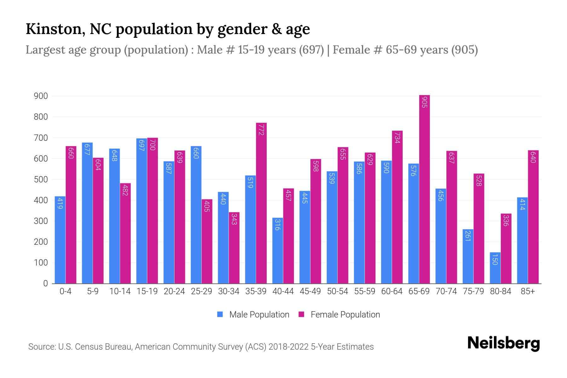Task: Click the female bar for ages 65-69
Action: pyautogui.click(x=425, y=189)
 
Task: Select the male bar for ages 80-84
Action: pyautogui.click(x=495, y=268)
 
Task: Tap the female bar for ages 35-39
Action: pyautogui.click(x=261, y=203)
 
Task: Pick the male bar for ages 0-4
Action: pyautogui.click(x=60, y=240)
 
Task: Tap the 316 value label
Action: pyautogui.click(x=277, y=225)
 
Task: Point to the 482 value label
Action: pyautogui.click(x=125, y=190)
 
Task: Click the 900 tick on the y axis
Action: pyautogui.click(x=41, y=96)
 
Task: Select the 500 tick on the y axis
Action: pyautogui.click(x=41, y=180)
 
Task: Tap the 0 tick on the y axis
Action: pyautogui.click(x=45, y=283)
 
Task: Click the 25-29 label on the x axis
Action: pyautogui.click(x=202, y=291)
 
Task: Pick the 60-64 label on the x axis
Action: pyautogui.click(x=392, y=291)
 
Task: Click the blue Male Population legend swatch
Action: pyautogui.click(x=220, y=314)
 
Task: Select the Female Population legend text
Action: pyautogui.click(x=345, y=315)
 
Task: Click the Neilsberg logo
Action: pyautogui.click(x=504, y=343)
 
